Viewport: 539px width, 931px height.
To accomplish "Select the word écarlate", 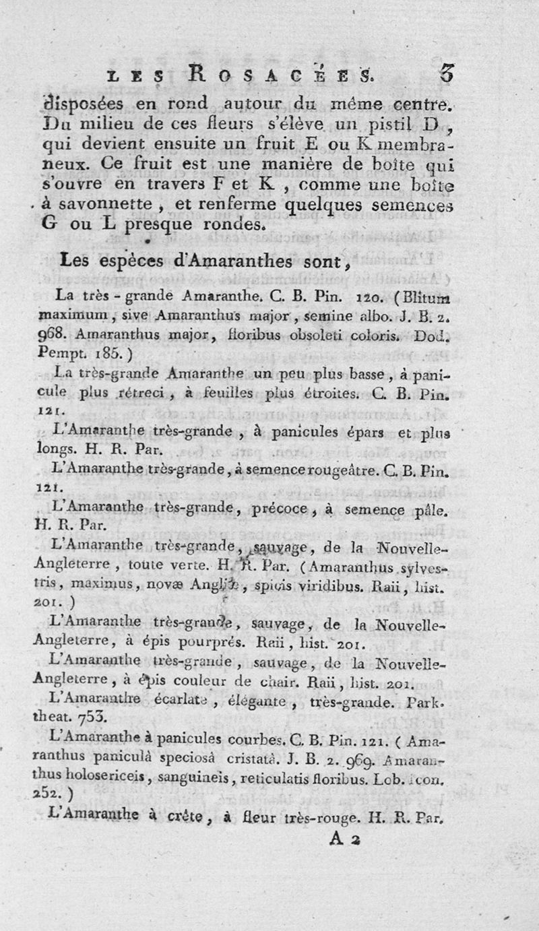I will click(x=190, y=703).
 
